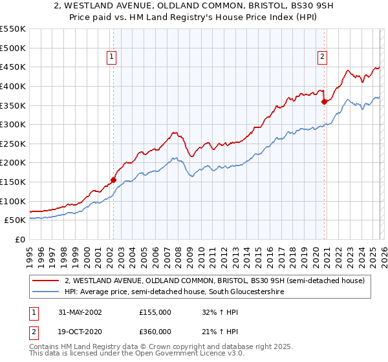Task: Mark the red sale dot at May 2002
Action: [x=114, y=180]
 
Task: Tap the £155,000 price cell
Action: [x=155, y=312]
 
